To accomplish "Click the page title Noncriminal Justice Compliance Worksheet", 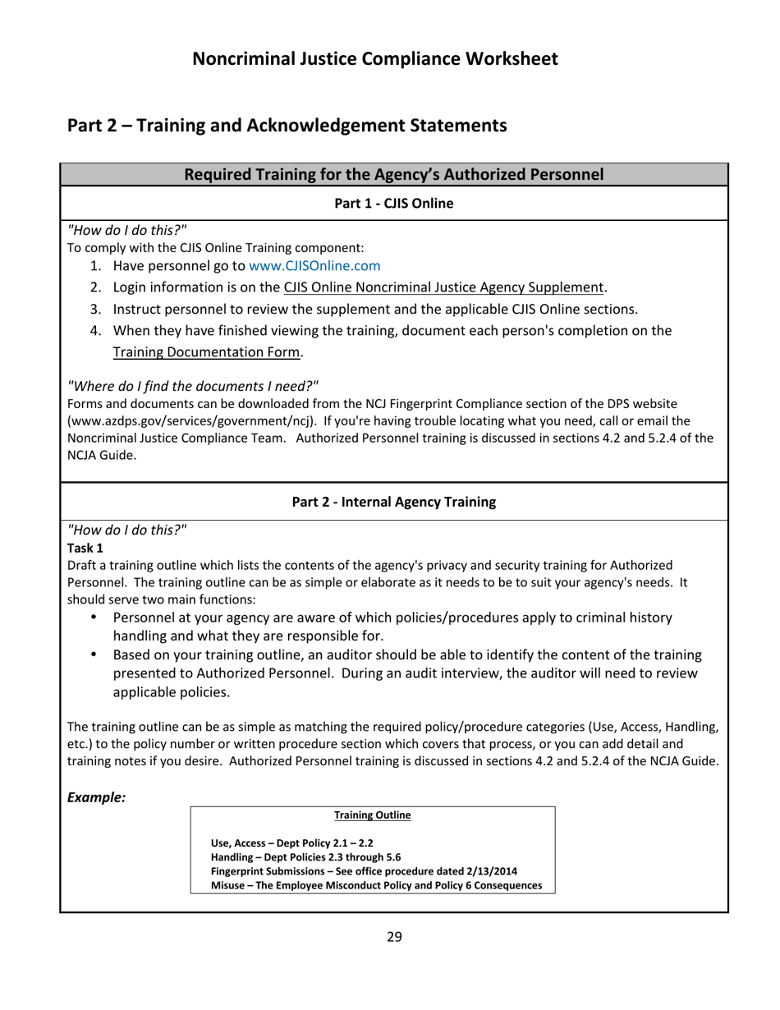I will click(375, 59).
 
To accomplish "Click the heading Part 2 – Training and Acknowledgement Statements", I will click(287, 126).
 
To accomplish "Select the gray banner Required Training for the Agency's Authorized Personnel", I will click(394, 174).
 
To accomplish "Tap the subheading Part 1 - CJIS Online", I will click(394, 203).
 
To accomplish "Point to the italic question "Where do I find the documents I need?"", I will click(192, 386).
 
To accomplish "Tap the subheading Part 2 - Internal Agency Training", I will click(394, 502).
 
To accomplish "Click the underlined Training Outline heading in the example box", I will click(373, 815).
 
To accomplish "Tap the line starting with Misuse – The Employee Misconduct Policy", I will click(376, 885).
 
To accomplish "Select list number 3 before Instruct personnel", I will click(95, 310).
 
